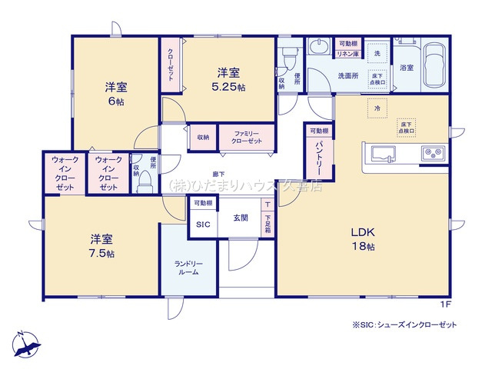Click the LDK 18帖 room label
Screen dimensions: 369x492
pos(363,239)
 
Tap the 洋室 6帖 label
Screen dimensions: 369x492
pos(115,94)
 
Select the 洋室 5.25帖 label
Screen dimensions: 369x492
pos(230,80)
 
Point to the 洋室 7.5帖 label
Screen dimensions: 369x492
pos(101,245)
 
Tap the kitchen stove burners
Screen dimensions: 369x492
pos(433,153)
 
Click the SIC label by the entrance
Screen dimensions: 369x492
pos(202,224)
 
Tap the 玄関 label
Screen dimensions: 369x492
pos(239,218)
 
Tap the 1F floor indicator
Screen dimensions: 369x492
pos(445,305)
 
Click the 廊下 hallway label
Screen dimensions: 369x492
pos(219,175)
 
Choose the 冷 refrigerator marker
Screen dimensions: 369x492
pos(377,108)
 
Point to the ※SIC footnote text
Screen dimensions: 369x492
pos(404,325)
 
